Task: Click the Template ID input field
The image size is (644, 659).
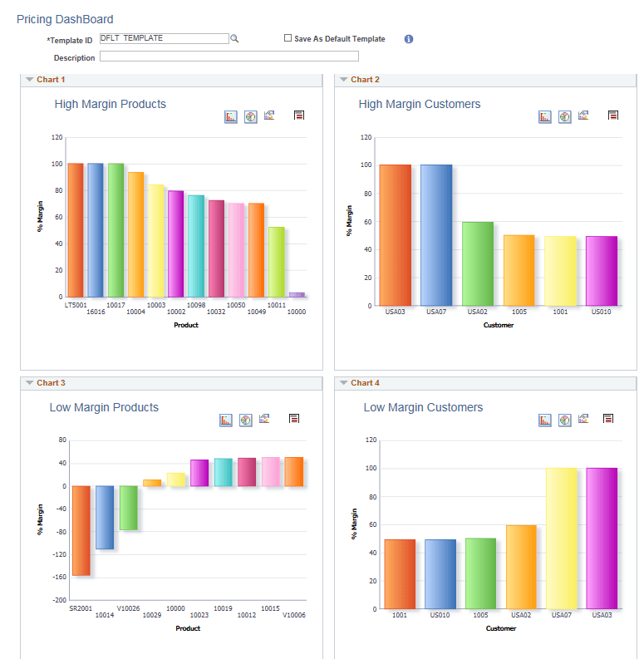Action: click(x=163, y=38)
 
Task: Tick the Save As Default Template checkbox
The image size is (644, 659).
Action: click(x=288, y=38)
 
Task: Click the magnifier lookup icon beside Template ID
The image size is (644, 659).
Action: click(x=234, y=38)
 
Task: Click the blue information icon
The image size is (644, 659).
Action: click(x=409, y=39)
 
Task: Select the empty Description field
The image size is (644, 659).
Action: click(x=229, y=57)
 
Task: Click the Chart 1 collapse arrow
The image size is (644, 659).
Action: click(x=29, y=80)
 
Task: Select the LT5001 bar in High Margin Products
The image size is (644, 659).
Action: click(x=76, y=230)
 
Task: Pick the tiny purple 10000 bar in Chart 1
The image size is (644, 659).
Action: click(x=297, y=294)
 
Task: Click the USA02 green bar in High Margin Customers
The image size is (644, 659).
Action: click(x=478, y=263)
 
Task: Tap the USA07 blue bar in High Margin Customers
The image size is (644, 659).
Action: click(x=436, y=235)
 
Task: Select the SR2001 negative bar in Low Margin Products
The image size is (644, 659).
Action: click(x=81, y=530)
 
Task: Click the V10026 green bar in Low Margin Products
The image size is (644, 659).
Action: click(x=128, y=508)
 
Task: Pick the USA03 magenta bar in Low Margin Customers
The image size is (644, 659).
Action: click(x=602, y=539)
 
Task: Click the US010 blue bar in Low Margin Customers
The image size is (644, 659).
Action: click(x=440, y=574)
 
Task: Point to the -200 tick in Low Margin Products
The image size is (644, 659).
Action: click(x=60, y=600)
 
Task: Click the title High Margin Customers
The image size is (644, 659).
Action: click(x=420, y=104)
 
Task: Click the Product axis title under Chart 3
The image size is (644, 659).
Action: click(x=187, y=628)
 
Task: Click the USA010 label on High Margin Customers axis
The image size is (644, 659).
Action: click(x=602, y=312)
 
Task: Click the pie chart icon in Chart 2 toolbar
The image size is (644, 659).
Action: click(x=565, y=117)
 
